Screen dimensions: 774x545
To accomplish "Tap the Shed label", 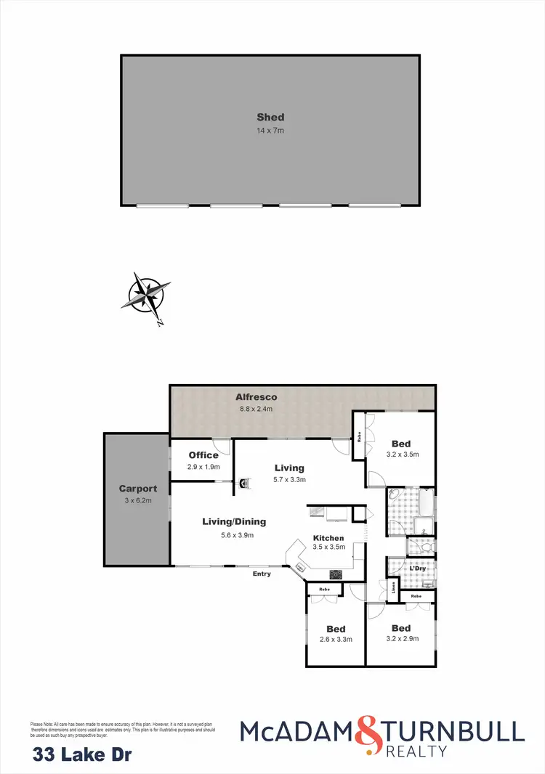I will [x=270, y=117].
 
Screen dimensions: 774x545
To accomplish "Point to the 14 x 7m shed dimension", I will [x=270, y=130].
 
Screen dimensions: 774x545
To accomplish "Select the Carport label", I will [x=138, y=489].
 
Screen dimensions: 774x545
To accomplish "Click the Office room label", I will [x=203, y=455].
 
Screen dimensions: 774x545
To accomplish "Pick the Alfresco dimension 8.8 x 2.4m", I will [x=256, y=409].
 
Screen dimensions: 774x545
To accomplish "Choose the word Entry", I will [x=262, y=574].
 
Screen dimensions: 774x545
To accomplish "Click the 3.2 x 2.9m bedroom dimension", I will [x=400, y=640].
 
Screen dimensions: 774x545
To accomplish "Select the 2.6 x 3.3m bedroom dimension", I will [x=336, y=640].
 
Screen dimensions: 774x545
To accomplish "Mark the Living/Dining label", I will [x=234, y=521].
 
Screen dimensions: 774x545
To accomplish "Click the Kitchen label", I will [x=328, y=538].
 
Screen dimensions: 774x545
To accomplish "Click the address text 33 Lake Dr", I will [x=82, y=755].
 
